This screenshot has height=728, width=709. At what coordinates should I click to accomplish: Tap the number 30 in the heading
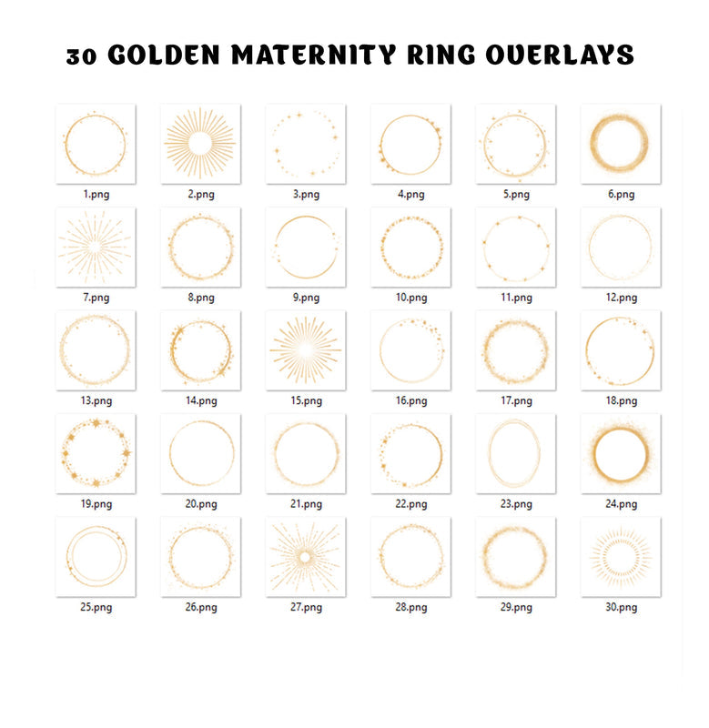(x=84, y=56)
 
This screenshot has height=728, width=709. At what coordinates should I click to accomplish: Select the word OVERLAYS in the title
(x=558, y=56)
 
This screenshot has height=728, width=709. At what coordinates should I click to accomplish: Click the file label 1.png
(x=96, y=194)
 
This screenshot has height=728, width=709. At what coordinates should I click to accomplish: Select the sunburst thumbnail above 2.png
(x=200, y=144)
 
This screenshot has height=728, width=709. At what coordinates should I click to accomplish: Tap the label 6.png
(x=621, y=194)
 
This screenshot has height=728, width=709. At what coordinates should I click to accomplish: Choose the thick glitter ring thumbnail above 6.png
(x=621, y=144)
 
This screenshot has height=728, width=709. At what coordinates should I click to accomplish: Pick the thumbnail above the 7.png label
(x=96, y=247)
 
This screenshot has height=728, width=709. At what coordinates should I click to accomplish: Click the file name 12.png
(x=621, y=298)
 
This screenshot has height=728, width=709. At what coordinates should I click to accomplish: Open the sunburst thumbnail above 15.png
(x=306, y=350)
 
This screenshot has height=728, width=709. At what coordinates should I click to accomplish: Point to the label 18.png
(x=621, y=400)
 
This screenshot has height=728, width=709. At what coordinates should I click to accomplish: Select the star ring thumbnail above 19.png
(x=96, y=453)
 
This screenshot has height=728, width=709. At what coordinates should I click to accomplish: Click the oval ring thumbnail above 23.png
(x=515, y=453)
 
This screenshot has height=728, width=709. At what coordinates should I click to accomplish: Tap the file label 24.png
(x=621, y=504)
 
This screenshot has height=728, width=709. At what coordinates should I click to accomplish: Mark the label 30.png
(x=621, y=608)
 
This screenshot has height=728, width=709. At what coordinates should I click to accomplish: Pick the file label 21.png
(x=306, y=504)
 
